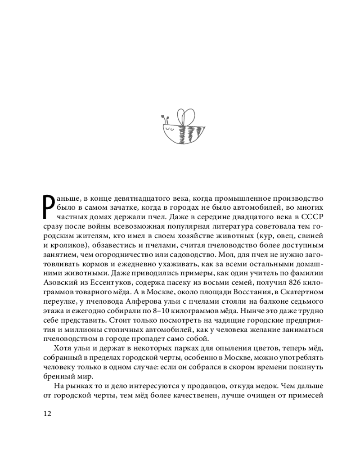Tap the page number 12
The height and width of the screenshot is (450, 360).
click(x=47, y=414)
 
